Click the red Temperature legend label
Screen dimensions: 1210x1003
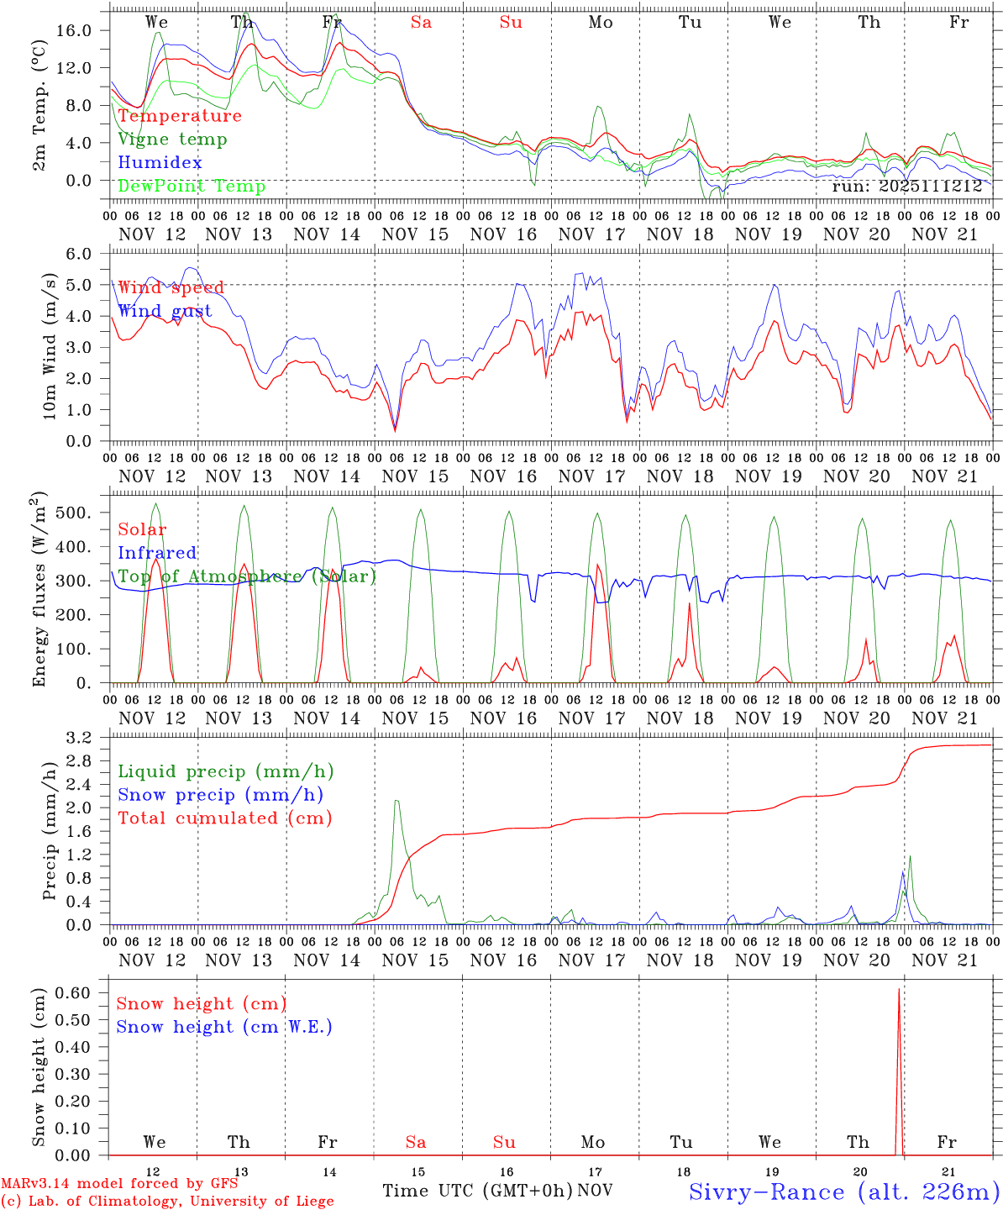click(x=179, y=116)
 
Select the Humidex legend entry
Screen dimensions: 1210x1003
click(x=160, y=163)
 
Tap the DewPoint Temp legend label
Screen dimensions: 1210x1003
click(x=192, y=187)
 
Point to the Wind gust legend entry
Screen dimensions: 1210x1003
click(x=165, y=311)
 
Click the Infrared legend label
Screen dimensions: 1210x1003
click(x=157, y=553)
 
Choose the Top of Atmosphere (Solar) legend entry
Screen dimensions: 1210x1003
click(x=246, y=576)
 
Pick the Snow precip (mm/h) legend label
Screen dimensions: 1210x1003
click(x=220, y=795)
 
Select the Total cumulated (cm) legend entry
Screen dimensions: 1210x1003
click(x=224, y=818)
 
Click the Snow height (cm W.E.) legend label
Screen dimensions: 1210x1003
click(x=223, y=1027)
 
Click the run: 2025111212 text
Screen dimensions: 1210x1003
click(x=906, y=187)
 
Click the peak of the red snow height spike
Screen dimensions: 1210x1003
click(x=899, y=989)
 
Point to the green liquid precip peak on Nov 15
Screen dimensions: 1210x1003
click(x=396, y=801)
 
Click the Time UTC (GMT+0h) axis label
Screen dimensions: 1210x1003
click(x=477, y=1191)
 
